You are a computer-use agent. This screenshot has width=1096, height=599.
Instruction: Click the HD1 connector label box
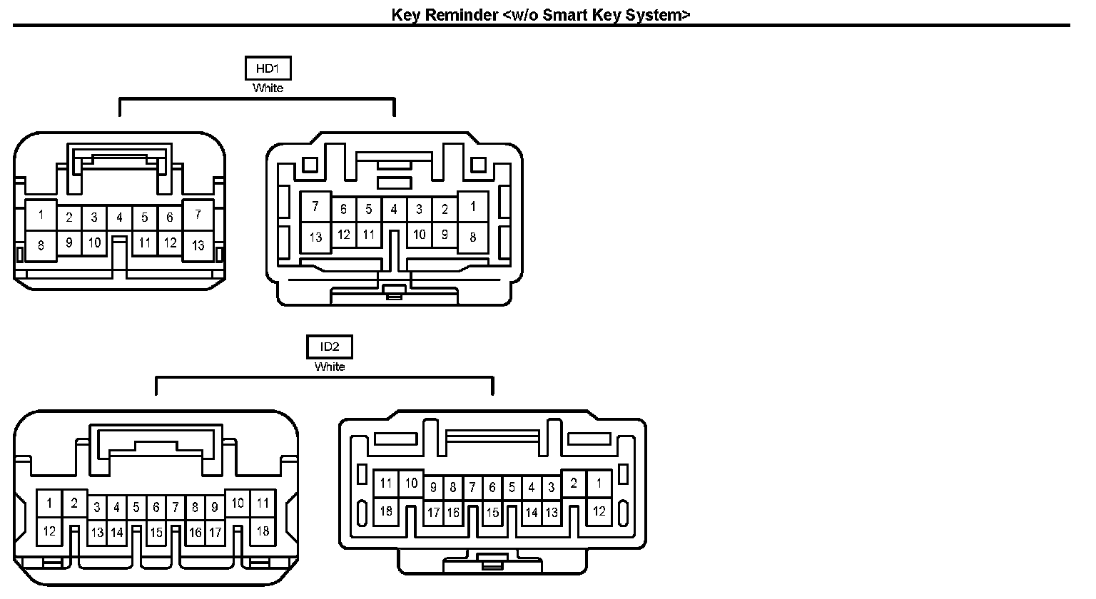tap(268, 68)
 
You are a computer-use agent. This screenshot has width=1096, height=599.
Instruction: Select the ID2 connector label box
tap(329, 347)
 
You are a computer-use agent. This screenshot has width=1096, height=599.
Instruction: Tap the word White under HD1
tap(268, 88)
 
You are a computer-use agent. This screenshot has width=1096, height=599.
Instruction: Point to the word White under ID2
tap(329, 367)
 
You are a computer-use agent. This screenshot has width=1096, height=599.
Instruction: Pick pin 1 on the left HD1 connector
tap(41, 215)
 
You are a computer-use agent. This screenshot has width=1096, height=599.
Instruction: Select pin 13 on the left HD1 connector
tap(198, 245)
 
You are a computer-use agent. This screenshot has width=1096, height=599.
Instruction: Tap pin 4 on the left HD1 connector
tap(119, 217)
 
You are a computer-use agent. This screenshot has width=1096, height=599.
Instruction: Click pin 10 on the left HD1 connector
tap(94, 242)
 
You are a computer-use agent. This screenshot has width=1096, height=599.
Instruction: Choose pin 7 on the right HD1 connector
tap(315, 208)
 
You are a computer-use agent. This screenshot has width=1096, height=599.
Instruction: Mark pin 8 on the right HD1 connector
tap(472, 237)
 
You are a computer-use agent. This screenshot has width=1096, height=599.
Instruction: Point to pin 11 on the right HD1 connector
tap(368, 234)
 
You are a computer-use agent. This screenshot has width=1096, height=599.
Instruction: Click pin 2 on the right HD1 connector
tap(445, 210)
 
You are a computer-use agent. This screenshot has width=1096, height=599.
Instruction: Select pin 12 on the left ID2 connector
tap(49, 531)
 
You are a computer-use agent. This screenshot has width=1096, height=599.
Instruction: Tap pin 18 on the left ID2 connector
tap(263, 531)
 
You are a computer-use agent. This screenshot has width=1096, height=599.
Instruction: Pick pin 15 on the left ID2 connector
tap(156, 532)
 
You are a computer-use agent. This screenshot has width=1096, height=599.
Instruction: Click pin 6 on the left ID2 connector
tap(156, 508)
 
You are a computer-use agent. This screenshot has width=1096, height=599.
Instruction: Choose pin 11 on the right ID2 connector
tap(386, 483)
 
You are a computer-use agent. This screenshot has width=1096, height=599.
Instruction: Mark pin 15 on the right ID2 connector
tap(492, 512)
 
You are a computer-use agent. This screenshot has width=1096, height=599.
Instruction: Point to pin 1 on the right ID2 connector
tap(599, 483)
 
